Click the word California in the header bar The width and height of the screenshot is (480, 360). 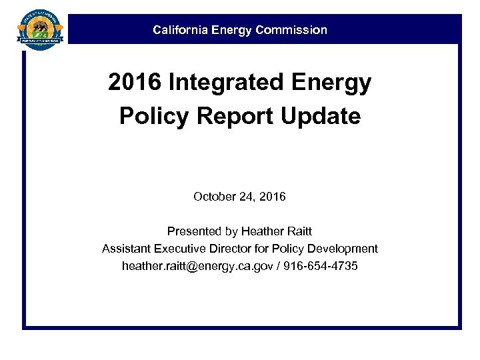(x=178, y=30)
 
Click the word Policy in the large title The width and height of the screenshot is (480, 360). (x=150, y=117)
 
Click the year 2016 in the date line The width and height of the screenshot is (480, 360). (x=273, y=197)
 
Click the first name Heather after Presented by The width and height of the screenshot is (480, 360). (x=262, y=231)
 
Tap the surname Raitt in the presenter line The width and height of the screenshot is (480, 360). (x=299, y=231)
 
